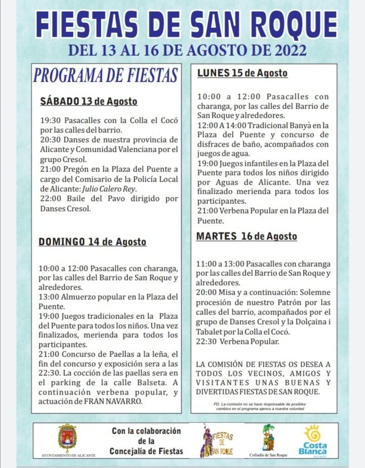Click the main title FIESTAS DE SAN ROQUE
tap(187, 25)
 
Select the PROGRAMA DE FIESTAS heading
tap(105, 75)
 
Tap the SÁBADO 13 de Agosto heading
tap(88, 101)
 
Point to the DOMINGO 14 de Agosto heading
tap(92, 242)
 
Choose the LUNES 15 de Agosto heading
tap(242, 73)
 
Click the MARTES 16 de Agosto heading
tap(246, 236)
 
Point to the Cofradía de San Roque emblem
tap(268, 437)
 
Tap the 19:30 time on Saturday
tap(49, 121)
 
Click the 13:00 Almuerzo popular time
tap(49, 297)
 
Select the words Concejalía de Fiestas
tap(146, 451)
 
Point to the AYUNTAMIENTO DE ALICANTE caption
tap(67, 455)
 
